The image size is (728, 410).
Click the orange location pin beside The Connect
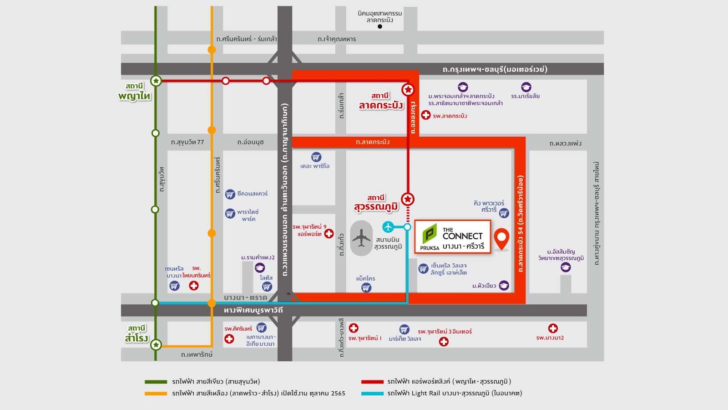[x=501, y=238]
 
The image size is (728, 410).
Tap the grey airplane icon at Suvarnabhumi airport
[x=362, y=238]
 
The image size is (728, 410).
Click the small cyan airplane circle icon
[x=388, y=226]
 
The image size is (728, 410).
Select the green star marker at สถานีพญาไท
[x=156, y=81]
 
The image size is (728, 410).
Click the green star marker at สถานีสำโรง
[x=156, y=345]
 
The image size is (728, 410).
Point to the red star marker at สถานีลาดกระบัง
[x=408, y=90]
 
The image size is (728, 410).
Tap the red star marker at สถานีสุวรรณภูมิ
[x=408, y=199]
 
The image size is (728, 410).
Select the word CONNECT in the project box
[x=462, y=236]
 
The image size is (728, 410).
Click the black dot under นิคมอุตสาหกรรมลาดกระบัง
[x=380, y=27]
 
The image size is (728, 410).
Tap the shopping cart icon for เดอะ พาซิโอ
[x=316, y=157]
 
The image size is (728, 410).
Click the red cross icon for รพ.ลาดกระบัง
[x=425, y=115]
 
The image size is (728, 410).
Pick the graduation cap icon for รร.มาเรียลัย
[x=526, y=87]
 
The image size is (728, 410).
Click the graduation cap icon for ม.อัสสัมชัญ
[x=566, y=267]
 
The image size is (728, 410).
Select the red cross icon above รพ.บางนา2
[x=553, y=328]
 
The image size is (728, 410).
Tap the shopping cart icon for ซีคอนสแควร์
[x=230, y=194]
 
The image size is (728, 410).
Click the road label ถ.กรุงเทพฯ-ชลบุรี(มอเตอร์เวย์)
[x=495, y=69]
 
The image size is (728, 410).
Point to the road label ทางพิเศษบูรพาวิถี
[x=253, y=310]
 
